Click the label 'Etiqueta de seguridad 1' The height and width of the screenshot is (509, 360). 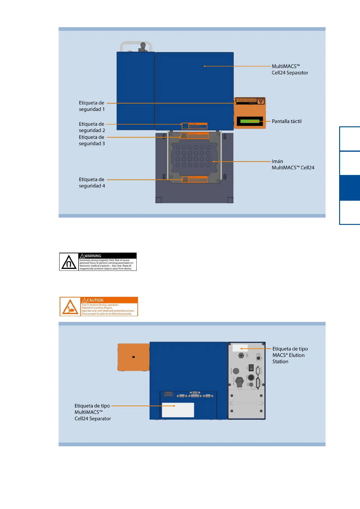(x=92, y=106)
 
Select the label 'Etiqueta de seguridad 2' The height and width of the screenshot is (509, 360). (x=92, y=127)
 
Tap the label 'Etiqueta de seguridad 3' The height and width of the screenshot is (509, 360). (x=92, y=140)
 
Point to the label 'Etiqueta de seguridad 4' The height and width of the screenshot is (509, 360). (x=92, y=183)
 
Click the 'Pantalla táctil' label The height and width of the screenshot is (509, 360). (x=287, y=121)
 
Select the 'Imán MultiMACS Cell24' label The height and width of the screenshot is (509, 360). (x=293, y=164)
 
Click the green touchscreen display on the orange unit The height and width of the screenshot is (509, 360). (x=250, y=121)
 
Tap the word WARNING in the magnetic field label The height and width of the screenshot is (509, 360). (x=92, y=256)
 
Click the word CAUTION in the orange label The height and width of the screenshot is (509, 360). (x=95, y=300)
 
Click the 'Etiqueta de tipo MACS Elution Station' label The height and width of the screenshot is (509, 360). (x=290, y=355)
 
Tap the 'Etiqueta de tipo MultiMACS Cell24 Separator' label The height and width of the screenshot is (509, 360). (x=92, y=412)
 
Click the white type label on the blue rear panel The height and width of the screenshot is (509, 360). (x=178, y=410)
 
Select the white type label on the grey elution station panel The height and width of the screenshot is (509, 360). (x=240, y=348)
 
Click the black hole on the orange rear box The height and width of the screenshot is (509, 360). (x=133, y=357)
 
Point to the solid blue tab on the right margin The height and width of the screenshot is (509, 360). (x=349, y=188)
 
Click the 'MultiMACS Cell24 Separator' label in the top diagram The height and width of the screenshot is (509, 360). (x=290, y=70)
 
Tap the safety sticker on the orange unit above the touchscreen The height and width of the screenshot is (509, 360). (x=250, y=101)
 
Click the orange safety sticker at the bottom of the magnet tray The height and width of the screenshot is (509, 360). (x=195, y=180)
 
